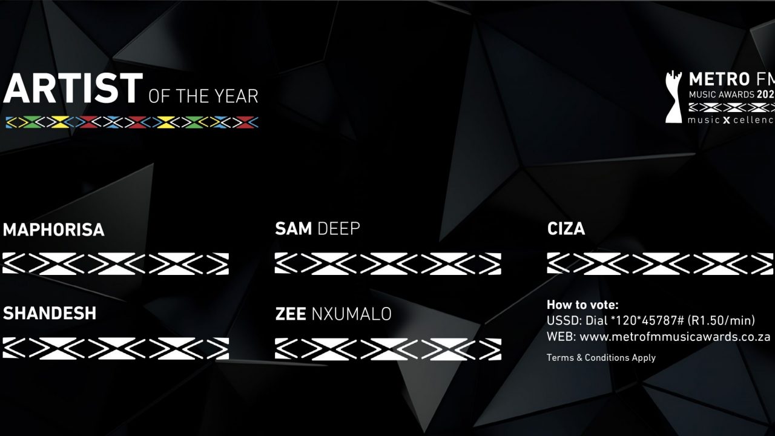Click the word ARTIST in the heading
click(73, 88)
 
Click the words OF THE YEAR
click(203, 96)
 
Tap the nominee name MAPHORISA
click(53, 230)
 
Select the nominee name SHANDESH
click(50, 313)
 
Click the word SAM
click(294, 228)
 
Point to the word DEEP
click(338, 228)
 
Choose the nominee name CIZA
click(566, 229)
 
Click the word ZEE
click(291, 314)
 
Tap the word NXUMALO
click(351, 314)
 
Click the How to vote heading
click(582, 305)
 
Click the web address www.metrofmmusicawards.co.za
click(674, 337)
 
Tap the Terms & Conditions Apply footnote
click(601, 358)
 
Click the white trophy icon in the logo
click(673, 97)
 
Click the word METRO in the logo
click(719, 79)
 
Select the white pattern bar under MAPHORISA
click(116, 263)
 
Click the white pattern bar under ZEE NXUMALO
click(388, 349)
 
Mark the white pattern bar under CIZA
click(660, 263)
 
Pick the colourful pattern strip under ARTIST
click(131, 122)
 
